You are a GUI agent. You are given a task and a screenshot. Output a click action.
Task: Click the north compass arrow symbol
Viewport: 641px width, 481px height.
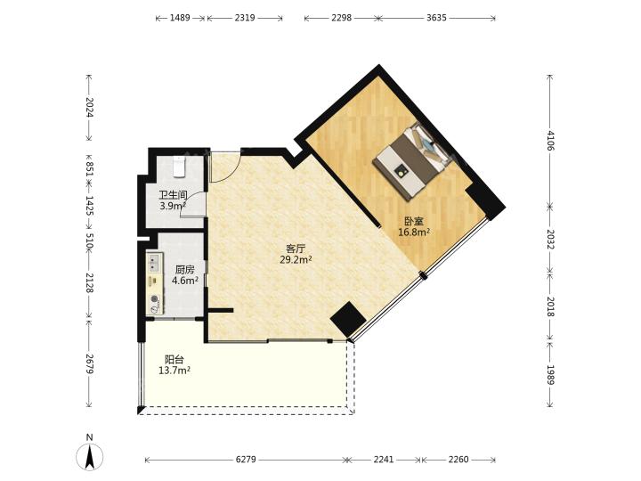(90, 456)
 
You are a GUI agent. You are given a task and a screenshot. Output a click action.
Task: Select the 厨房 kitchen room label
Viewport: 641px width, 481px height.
(185, 270)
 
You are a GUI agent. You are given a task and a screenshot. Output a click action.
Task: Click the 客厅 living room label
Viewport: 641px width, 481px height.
(296, 249)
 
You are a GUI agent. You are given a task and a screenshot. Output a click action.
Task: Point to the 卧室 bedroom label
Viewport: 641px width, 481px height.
(414, 222)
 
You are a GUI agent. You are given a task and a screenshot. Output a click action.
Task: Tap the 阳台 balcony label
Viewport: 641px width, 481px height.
(174, 360)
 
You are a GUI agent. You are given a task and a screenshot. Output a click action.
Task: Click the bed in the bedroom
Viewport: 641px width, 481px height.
(413, 160)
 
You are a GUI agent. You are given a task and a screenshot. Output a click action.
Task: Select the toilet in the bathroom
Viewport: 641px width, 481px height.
(180, 167)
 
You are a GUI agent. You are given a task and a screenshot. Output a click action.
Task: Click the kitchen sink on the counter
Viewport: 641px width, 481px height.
(154, 263)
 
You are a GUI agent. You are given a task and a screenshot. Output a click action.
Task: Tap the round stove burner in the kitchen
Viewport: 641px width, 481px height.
(155, 299)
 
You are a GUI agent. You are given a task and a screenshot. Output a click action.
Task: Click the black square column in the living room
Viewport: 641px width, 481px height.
(348, 320)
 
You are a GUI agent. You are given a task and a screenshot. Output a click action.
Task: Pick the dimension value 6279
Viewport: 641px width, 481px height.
(246, 460)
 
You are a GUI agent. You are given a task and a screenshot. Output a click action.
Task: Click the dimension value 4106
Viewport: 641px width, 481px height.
(550, 141)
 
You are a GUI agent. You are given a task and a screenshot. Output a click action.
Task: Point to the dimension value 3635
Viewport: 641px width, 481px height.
(436, 18)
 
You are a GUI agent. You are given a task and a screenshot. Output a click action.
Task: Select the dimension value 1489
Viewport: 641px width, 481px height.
(180, 18)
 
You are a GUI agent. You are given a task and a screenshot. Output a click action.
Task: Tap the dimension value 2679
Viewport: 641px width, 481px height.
(90, 363)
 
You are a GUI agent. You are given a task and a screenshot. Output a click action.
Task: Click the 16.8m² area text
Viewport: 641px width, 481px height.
(414, 232)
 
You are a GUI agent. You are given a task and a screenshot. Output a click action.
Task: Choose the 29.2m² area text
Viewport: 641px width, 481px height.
(296, 260)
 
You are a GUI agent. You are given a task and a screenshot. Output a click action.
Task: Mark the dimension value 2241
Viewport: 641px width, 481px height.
(384, 460)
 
